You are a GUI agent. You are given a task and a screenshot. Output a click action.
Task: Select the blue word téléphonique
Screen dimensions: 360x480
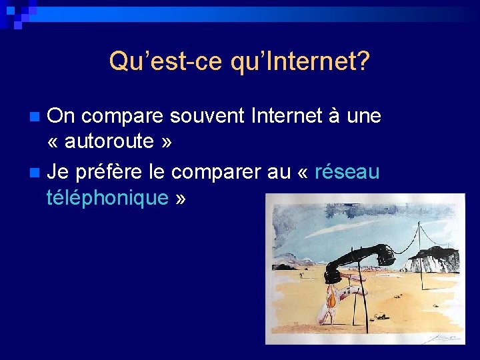point(107,197)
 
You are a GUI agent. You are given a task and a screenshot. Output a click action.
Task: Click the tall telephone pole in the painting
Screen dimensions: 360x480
point(419,253)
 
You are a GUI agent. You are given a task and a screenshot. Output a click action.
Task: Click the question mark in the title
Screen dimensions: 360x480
point(363,62)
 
